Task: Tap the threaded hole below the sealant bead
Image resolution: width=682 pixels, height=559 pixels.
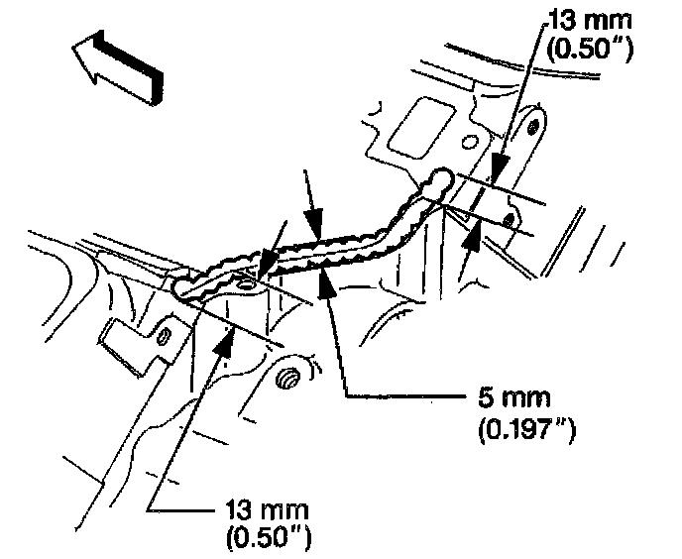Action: coord(289,378)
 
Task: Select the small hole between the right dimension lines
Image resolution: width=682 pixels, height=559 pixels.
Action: coord(510,219)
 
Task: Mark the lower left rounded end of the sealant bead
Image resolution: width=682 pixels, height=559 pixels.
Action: coord(181,288)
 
